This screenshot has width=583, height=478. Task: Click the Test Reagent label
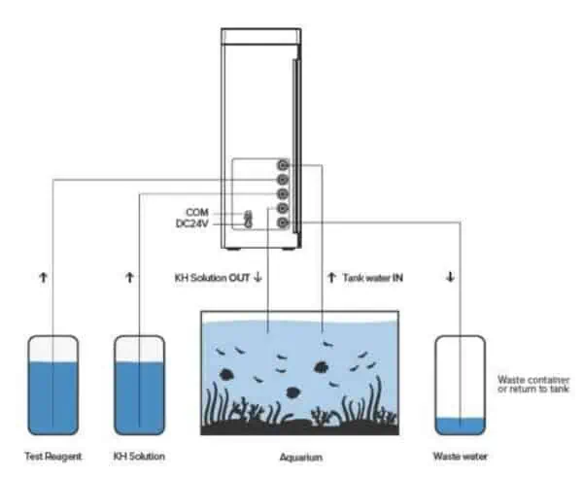coord(53,456)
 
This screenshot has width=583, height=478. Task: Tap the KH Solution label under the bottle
coord(139,456)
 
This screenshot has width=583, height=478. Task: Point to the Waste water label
coord(461,456)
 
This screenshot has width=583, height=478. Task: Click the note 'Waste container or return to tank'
coord(533,384)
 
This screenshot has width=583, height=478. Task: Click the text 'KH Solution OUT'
coord(211,278)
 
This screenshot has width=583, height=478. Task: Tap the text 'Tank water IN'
coord(373,278)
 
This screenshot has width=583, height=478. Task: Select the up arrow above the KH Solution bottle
coord(129,278)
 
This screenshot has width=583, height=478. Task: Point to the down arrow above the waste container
coord(450,278)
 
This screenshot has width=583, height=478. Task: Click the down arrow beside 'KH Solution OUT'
coord(257,278)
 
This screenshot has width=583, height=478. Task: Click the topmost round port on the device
coord(283,165)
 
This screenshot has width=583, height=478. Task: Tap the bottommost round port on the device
coord(283,223)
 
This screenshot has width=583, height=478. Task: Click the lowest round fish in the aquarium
coord(292,393)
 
